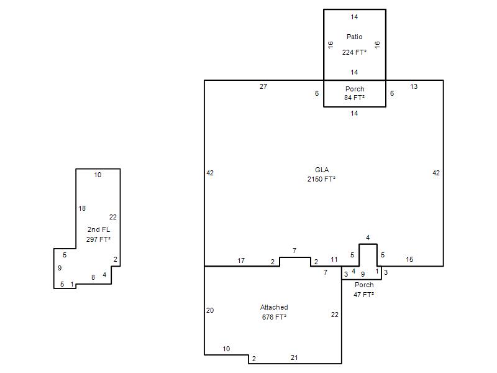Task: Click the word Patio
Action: tap(354, 37)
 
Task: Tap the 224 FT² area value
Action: tap(354, 52)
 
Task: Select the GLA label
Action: tap(322, 170)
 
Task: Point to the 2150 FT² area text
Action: tap(321, 179)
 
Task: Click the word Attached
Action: tap(274, 307)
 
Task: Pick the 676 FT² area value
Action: tap(274, 317)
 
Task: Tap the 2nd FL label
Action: tap(99, 229)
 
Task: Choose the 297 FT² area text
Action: tap(98, 239)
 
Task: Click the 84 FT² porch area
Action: tap(354, 98)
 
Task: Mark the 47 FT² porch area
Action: tap(364, 295)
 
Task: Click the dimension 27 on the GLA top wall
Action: tap(263, 86)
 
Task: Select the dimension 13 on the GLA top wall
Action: tap(414, 86)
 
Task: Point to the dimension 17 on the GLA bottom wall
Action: tap(241, 260)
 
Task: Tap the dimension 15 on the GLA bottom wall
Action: tap(409, 259)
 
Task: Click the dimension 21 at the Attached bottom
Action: tap(294, 357)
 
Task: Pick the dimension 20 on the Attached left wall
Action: tap(210, 310)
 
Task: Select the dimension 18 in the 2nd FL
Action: tap(82, 208)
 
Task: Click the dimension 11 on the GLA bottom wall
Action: tap(334, 259)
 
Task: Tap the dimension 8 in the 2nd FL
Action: tap(93, 277)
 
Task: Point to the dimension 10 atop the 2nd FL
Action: tap(98, 175)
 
